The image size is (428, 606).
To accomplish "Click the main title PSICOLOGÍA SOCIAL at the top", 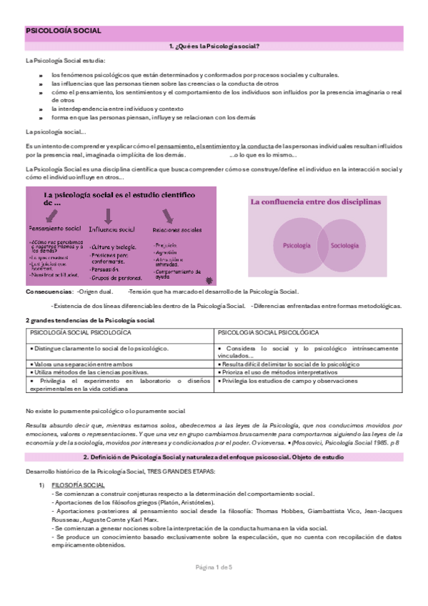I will [63, 31].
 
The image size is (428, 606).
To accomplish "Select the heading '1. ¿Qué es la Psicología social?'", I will [214, 46].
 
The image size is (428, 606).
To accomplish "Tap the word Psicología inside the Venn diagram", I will [297, 245].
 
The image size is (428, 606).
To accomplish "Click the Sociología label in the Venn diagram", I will [344, 245].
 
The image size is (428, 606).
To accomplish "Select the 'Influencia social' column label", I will [111, 229].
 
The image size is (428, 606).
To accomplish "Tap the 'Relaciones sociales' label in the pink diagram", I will [176, 230].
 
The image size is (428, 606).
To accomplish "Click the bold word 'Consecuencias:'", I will [48, 292].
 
